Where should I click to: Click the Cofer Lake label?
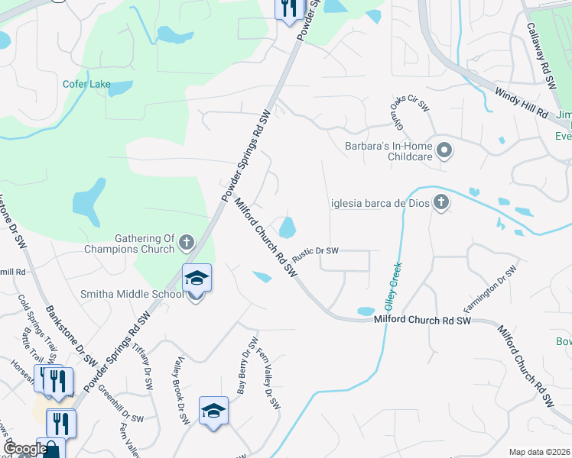tap(86, 84)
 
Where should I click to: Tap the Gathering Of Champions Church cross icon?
tap(186, 244)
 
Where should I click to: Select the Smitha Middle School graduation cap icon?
tap(196, 278)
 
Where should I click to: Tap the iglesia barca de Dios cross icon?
tap(440, 203)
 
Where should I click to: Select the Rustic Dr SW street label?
tap(315, 250)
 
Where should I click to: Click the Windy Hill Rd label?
tap(522, 103)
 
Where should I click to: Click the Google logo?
tap(24, 449)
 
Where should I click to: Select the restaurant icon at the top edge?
tap(288, 9)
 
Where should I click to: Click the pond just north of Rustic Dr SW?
tap(288, 227)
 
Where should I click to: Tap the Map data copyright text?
tap(539, 452)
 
